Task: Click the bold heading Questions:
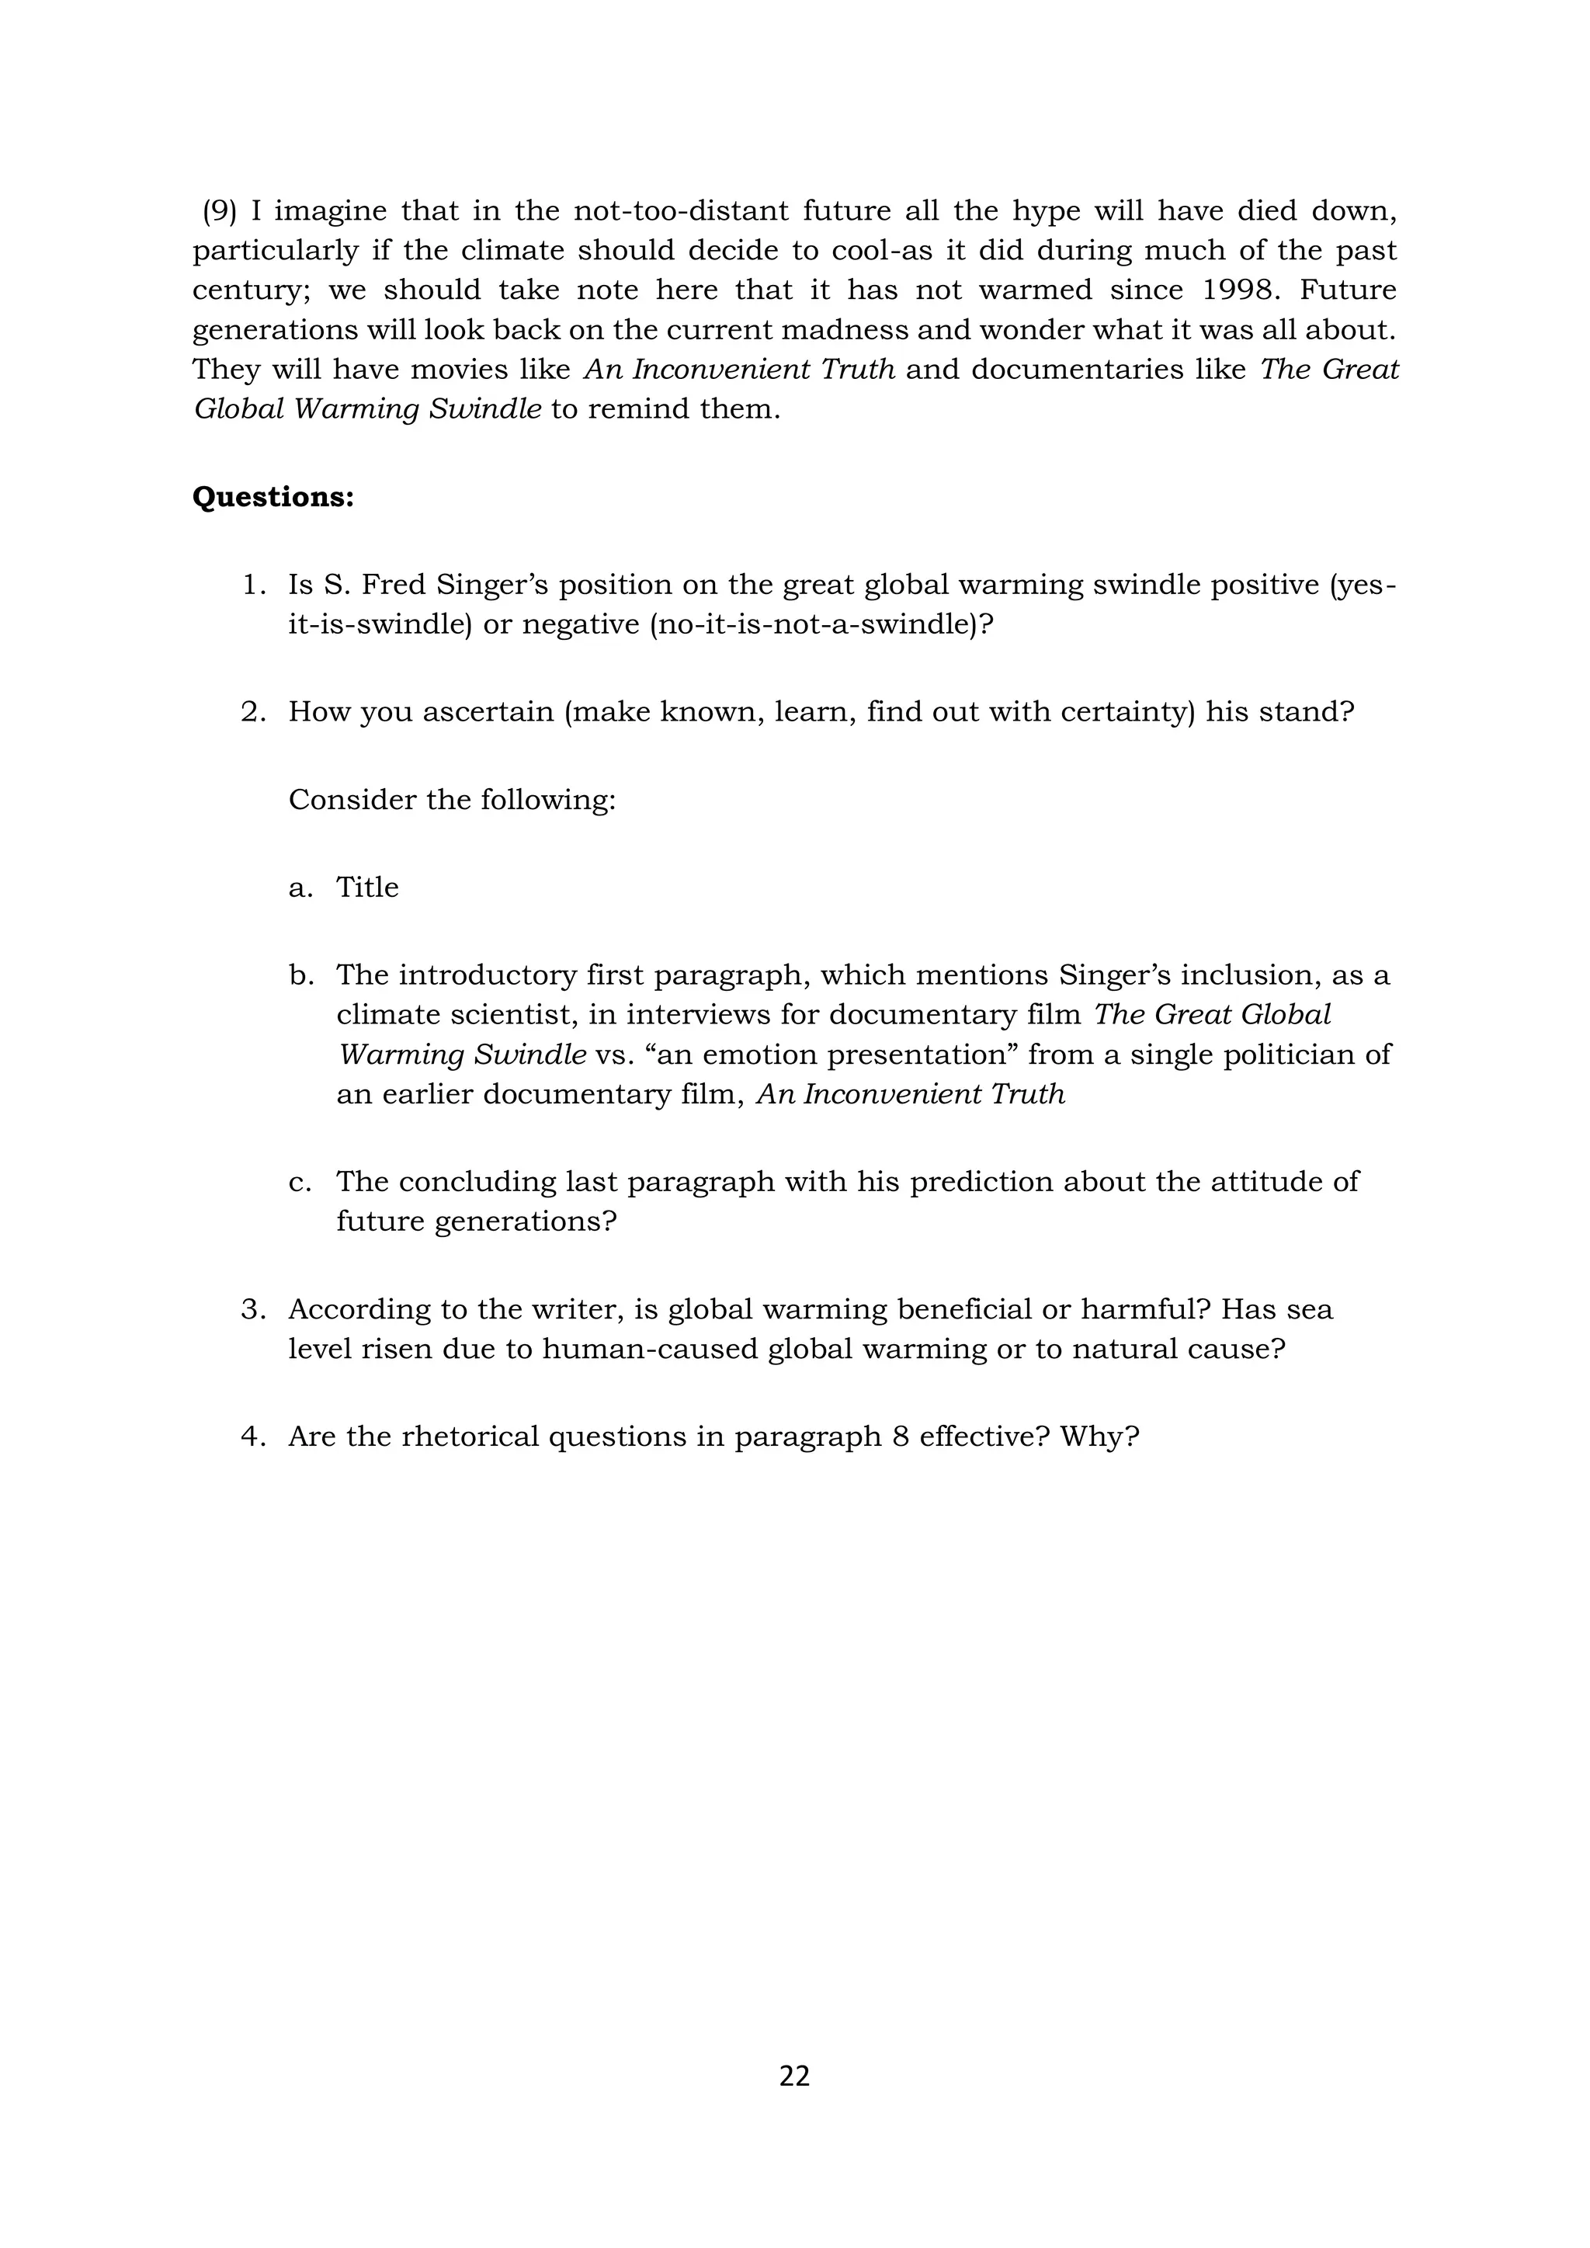click(273, 498)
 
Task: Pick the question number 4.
click(252, 1437)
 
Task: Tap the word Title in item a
click(367, 887)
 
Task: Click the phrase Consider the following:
click(451, 800)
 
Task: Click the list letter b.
click(300, 975)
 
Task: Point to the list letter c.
click(300, 1182)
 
